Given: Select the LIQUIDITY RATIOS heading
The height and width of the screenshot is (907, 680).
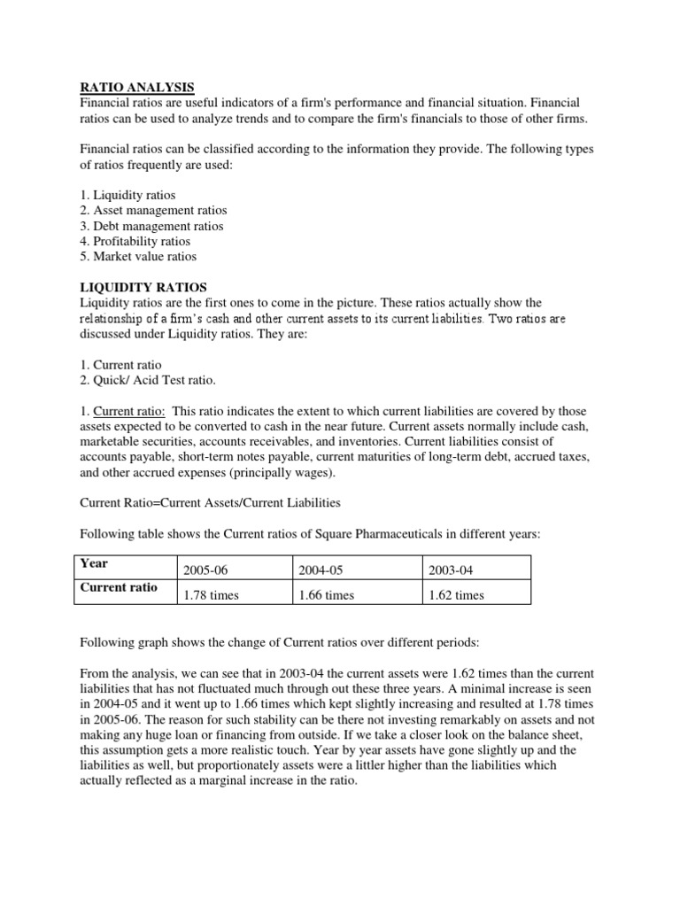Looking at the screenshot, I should [x=143, y=287].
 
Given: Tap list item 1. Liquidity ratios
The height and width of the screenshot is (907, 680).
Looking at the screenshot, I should [x=127, y=195].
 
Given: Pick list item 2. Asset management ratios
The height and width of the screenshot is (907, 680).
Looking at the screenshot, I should [x=153, y=211].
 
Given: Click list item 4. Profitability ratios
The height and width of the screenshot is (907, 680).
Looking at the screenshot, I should [x=135, y=241].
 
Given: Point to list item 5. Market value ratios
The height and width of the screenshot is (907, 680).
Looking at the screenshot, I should [x=138, y=257].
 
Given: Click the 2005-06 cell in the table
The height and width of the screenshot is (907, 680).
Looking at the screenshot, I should [x=205, y=570].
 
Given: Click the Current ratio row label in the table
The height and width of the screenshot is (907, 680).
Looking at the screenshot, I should [x=119, y=587].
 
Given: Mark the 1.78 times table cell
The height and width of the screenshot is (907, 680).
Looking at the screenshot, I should [x=211, y=595].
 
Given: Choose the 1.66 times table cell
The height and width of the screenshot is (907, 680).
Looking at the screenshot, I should [x=327, y=595].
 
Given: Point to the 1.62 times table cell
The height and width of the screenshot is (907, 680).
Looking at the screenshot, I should [x=456, y=595].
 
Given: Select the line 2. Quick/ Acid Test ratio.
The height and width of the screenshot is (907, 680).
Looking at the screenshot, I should [x=148, y=380].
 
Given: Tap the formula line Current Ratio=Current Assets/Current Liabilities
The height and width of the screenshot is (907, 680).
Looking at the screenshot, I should [x=210, y=503].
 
